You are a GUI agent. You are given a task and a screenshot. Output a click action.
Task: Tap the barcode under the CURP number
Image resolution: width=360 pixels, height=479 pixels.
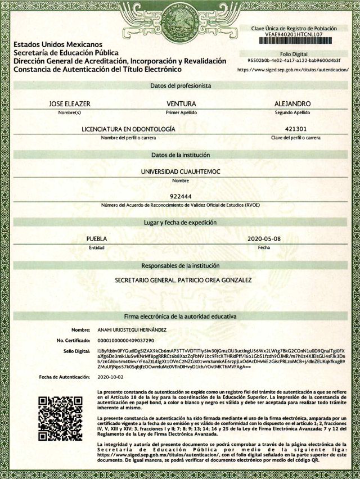tap(296, 41)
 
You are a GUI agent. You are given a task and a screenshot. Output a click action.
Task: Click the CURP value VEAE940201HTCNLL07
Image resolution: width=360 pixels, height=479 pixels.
tap(296, 34)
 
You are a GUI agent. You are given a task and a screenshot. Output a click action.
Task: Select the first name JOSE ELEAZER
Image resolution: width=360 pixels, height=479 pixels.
tap(70, 104)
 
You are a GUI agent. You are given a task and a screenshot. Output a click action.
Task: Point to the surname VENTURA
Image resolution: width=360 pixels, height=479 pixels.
tap(181, 104)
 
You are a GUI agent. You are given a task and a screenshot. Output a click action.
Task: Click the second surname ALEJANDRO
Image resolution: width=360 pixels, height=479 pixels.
tap(292, 104)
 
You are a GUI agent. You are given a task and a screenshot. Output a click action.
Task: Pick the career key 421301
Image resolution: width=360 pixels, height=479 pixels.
tap(295, 129)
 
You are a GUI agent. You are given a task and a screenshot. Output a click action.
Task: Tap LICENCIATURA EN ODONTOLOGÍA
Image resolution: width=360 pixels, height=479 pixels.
tap(128, 129)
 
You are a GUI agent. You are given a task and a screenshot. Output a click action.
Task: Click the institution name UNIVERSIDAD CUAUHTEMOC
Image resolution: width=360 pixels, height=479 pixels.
tap(181, 171)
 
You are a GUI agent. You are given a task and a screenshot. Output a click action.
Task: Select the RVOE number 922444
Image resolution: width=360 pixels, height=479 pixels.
tap(181, 196)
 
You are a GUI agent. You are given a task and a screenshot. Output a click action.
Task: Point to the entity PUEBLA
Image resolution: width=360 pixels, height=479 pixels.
tap(96, 238)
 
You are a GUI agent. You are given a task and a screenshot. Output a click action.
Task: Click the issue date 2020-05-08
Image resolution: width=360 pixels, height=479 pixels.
tap(264, 238)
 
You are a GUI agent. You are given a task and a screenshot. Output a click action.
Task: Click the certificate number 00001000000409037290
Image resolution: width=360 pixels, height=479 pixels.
tap(125, 341)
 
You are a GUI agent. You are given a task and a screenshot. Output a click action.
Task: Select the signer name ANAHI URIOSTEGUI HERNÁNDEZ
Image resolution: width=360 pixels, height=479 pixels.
tap(132, 329)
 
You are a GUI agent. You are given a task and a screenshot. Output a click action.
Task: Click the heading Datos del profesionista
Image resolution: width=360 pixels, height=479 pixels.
tap(181, 86)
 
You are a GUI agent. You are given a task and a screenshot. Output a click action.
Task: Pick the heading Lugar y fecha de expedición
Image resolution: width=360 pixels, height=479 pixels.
tap(181, 223)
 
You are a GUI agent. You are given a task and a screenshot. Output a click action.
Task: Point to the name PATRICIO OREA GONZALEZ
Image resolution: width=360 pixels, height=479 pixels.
tap(217, 279)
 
